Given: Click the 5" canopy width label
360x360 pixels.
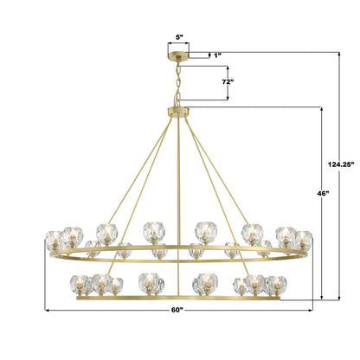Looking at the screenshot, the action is pyautogui.click(x=179, y=37).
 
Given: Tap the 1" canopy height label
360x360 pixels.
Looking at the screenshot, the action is pyautogui.click(x=217, y=55).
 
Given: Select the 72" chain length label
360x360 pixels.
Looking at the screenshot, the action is pyautogui.click(x=228, y=81).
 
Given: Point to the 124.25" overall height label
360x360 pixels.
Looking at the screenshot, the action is pyautogui.click(x=341, y=164).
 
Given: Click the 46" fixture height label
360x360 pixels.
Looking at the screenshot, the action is pyautogui.click(x=323, y=194).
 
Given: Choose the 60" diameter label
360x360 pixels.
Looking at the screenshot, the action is pyautogui.click(x=177, y=310).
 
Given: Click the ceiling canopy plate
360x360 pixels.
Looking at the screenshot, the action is pyautogui.click(x=178, y=55).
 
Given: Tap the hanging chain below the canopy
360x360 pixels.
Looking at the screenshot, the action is pyautogui.click(x=178, y=83).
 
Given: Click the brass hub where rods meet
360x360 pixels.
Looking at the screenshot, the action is pyautogui.click(x=178, y=112).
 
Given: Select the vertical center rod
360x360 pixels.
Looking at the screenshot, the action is pyautogui.click(x=179, y=206).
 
